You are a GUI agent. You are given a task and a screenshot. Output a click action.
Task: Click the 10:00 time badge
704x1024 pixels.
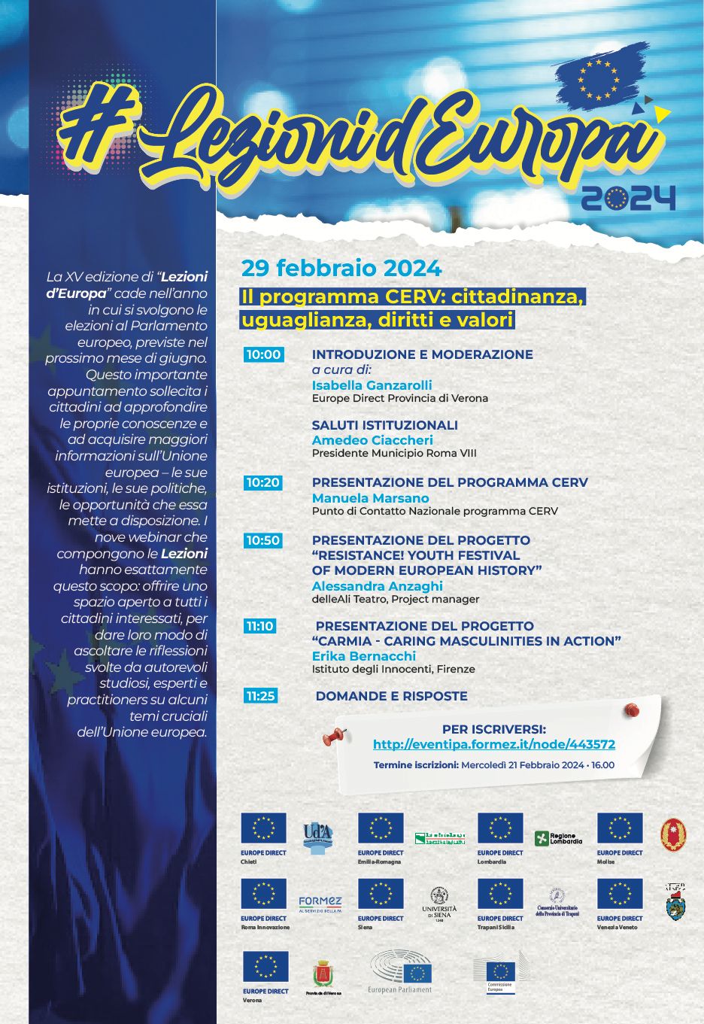coord(263,354)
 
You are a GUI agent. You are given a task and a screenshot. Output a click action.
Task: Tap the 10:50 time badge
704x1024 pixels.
coord(263,540)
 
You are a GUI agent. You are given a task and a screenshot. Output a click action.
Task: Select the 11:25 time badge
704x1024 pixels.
coord(260,696)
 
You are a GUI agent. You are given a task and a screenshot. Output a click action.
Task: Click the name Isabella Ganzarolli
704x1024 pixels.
coord(372,385)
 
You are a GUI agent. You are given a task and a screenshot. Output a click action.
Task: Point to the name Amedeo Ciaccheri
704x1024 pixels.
coord(372,440)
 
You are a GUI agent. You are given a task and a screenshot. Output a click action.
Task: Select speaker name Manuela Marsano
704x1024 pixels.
coord(370,498)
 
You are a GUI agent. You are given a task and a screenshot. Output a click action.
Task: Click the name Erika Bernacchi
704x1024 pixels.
coord(363,656)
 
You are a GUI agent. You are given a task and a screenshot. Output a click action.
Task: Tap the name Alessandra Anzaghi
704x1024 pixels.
coord(377,586)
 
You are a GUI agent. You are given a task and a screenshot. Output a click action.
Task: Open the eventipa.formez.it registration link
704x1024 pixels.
coord(493,744)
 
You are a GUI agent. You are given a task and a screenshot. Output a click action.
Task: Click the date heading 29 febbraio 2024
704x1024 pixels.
coord(341,269)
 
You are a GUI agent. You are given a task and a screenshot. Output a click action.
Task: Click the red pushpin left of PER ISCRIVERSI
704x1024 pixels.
coord(332,736)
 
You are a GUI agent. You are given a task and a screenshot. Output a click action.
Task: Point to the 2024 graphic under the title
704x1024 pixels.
coord(628,199)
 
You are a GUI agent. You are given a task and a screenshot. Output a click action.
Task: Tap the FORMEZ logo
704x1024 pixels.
coord(320,904)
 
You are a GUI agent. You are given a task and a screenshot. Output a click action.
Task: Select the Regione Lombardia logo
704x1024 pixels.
coord(558,838)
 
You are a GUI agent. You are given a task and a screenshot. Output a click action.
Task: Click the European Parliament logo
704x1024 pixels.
coord(400,972)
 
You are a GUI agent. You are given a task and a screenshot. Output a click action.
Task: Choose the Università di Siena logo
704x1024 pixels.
coord(439,904)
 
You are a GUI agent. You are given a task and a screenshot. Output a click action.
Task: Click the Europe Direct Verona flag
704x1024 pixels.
coord(266,968)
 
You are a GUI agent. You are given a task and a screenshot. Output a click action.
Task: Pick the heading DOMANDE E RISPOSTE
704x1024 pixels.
coord(391,697)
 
